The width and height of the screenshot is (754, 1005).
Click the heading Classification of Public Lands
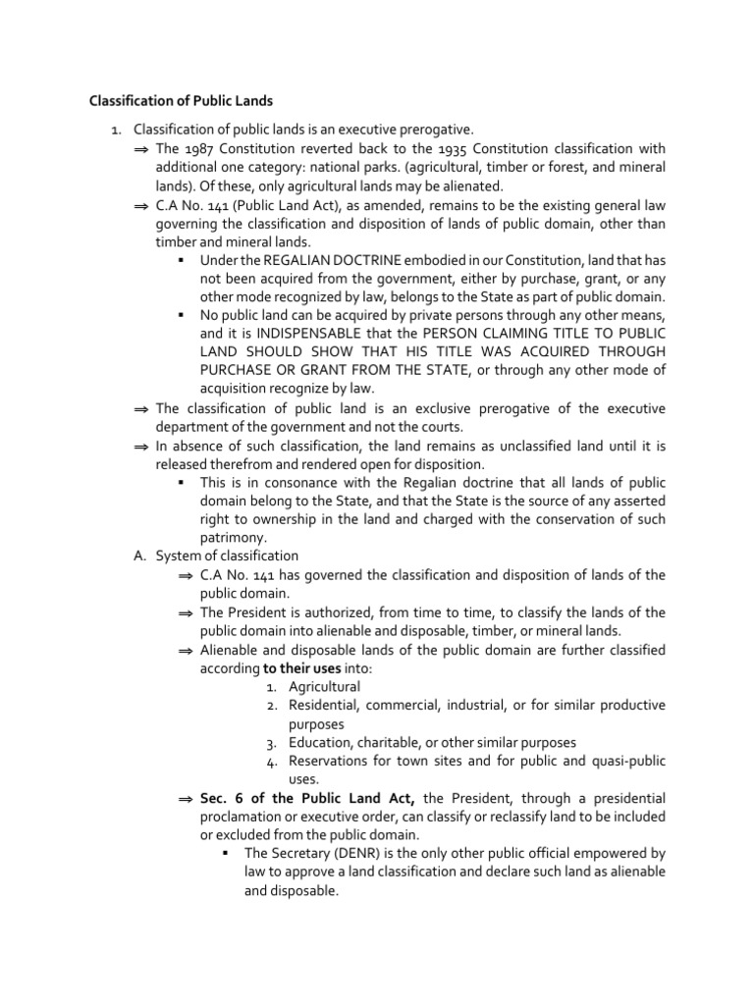pos(182,100)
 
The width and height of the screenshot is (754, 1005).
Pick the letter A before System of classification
pos(139,555)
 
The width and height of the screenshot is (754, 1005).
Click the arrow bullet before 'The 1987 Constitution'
pos(140,149)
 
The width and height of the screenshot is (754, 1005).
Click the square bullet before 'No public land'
pos(183,315)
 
